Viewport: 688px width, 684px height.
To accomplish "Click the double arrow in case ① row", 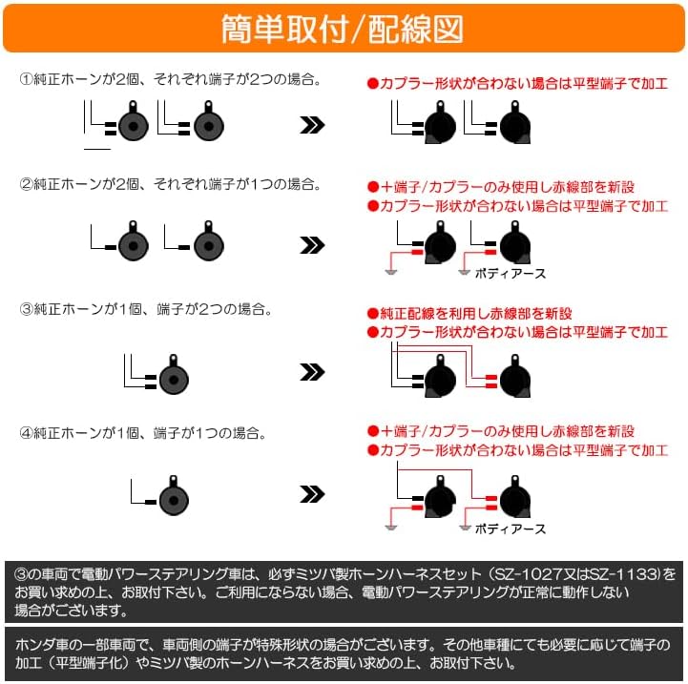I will (x=312, y=126).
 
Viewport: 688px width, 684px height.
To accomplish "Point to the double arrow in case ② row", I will (x=312, y=245).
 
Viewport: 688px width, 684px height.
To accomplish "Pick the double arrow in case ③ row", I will (x=312, y=372).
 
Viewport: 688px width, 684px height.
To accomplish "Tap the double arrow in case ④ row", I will (x=312, y=494).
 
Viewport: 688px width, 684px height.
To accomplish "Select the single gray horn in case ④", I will (x=173, y=496).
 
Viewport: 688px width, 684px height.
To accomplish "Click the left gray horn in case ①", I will (x=135, y=125).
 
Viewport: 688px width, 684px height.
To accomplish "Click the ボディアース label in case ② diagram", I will (x=510, y=274).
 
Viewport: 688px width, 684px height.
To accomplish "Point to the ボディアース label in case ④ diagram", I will (x=510, y=529).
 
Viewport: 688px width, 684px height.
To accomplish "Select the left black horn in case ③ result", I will (x=439, y=378).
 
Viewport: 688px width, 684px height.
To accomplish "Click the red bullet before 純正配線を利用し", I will (x=373, y=314).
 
